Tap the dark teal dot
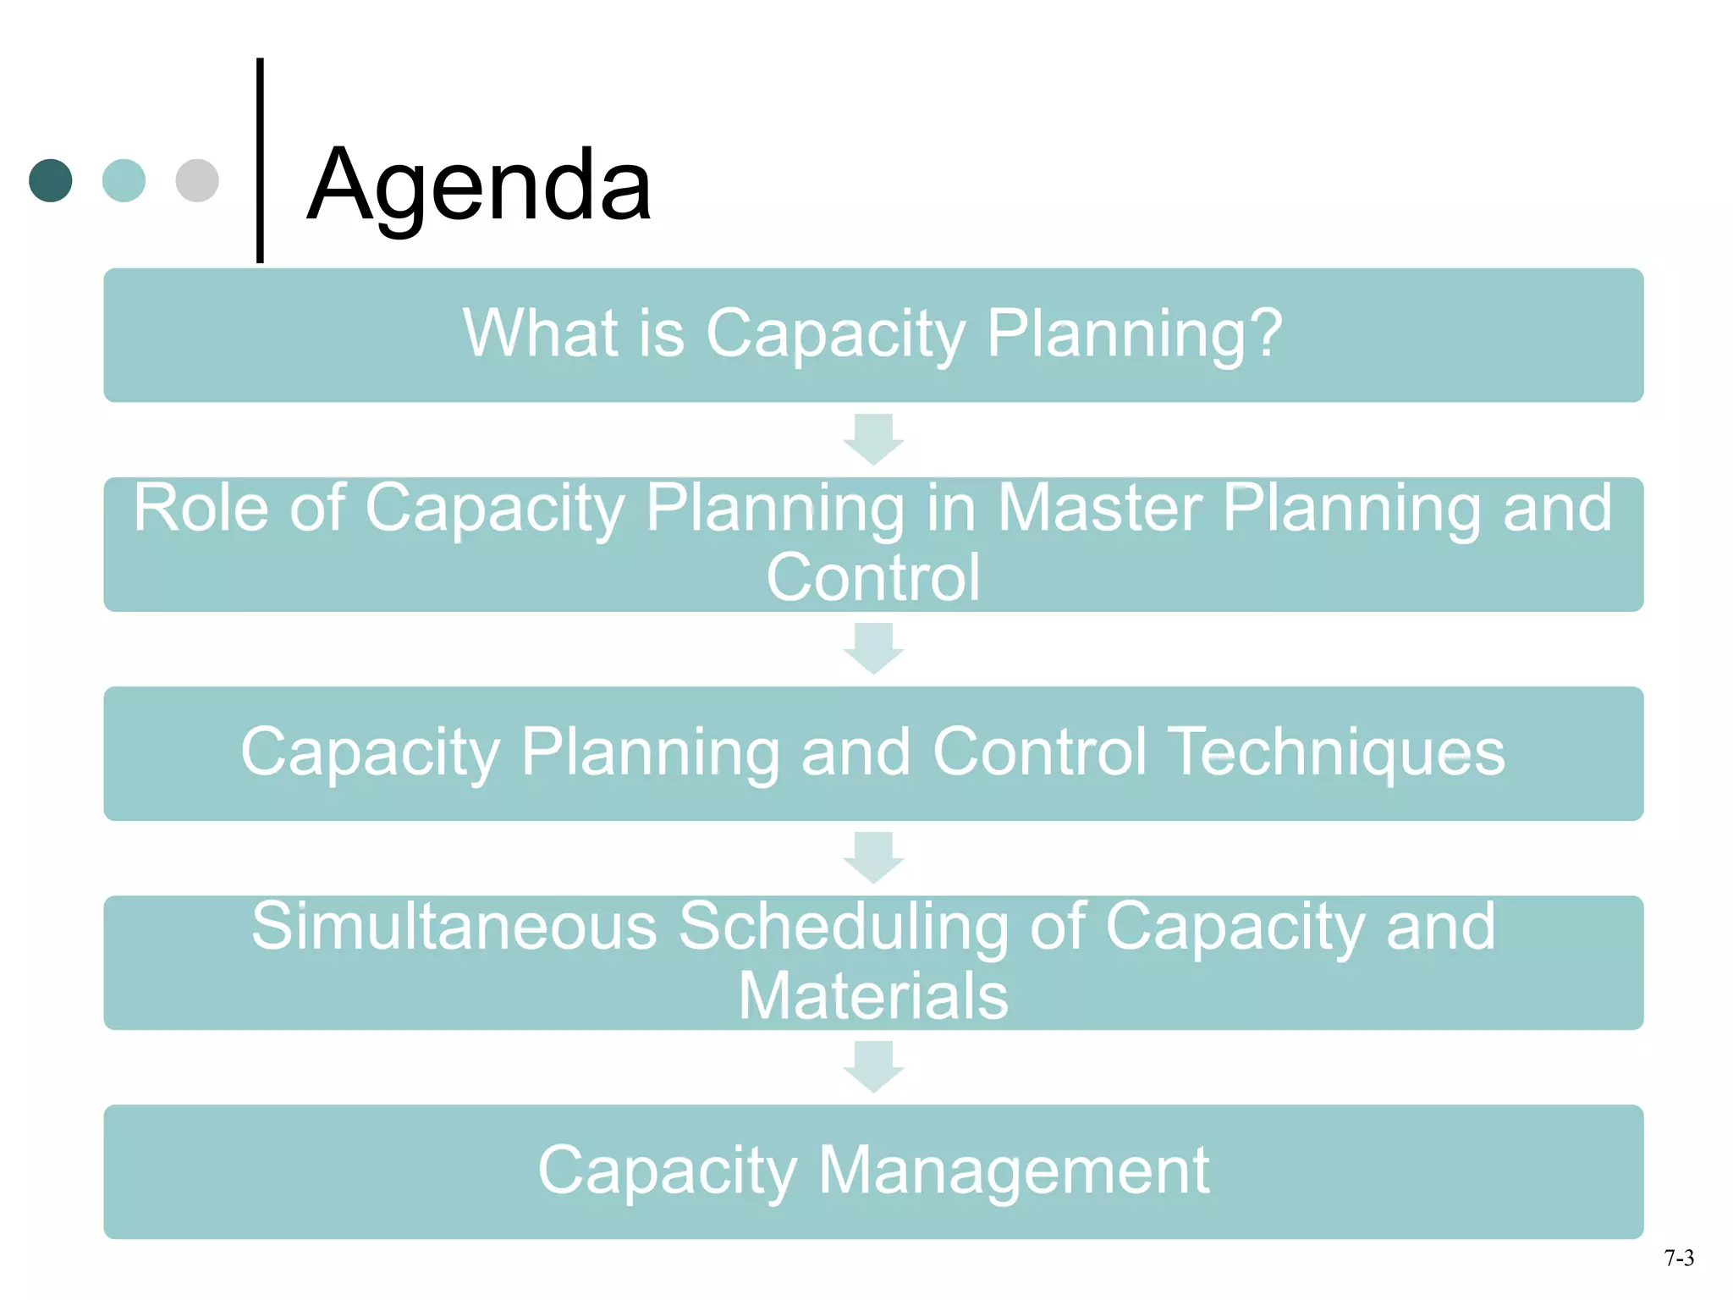pos(51,180)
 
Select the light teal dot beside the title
pos(124,180)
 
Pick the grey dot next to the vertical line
pos(197,180)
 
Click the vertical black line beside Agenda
pos(260,161)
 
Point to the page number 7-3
pos(1679,1259)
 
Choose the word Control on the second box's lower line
pos(873,577)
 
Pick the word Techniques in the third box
pos(1338,752)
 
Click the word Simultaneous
pos(454,926)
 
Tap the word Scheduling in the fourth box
pos(844,928)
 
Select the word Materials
pos(873,995)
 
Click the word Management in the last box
pos(1014,1171)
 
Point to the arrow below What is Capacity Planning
pos(873,438)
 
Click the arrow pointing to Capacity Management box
pos(873,1066)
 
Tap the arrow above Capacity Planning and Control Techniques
pos(873,648)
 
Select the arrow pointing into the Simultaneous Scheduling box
pos(873,857)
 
